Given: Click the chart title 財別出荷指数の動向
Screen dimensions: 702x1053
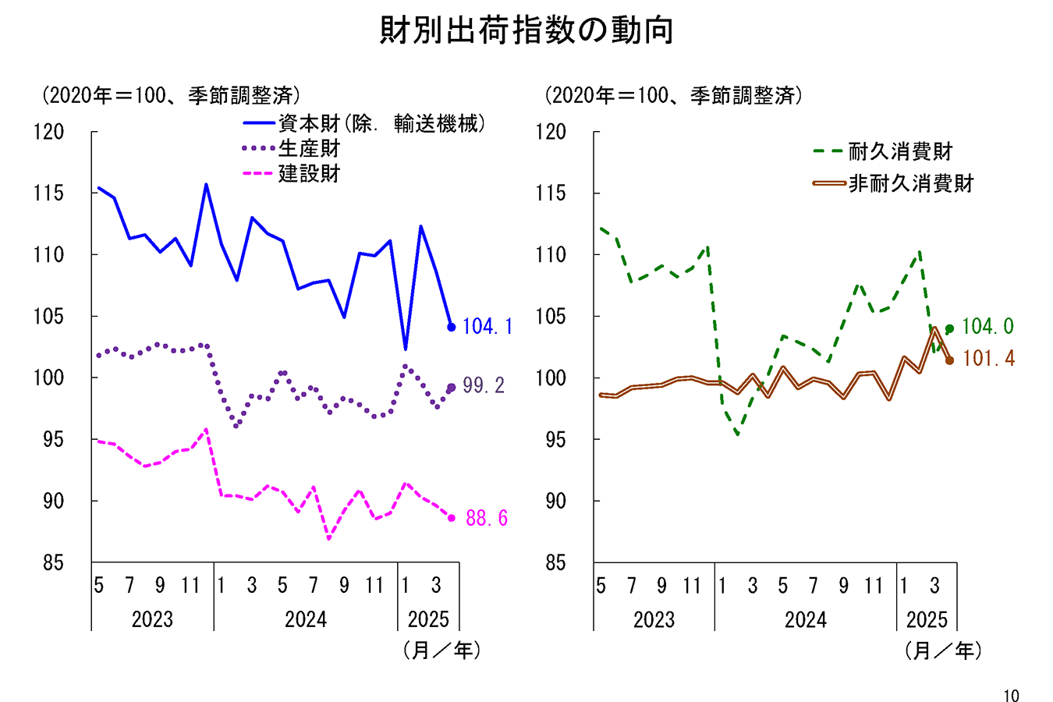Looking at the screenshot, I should [x=526, y=31].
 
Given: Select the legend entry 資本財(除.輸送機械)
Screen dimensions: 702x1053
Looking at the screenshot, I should [x=381, y=123].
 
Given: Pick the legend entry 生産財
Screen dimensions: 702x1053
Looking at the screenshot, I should [x=309, y=148].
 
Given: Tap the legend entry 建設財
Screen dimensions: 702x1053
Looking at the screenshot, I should [x=309, y=173].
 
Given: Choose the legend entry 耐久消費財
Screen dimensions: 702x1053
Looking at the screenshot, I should [x=900, y=151].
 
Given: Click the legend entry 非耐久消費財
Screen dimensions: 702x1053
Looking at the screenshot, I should [x=911, y=183].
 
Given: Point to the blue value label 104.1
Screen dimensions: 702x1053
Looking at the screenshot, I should [x=487, y=327].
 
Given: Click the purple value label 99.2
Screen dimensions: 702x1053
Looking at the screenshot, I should [x=484, y=385].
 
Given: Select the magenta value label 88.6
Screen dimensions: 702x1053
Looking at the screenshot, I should [x=487, y=518].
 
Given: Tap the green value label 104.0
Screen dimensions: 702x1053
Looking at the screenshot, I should [x=987, y=327].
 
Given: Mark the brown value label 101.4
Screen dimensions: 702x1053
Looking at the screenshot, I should [x=988, y=359].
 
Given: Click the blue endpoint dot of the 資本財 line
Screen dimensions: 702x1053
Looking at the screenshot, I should [x=451, y=327].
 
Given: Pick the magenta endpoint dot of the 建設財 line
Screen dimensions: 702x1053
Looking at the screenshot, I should [x=451, y=518].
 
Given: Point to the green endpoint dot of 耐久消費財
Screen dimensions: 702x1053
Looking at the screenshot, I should [x=949, y=328].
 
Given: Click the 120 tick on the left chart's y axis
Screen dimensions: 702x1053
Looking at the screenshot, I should [x=49, y=132].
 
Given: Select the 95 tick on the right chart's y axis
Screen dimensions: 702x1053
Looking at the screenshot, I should [x=555, y=439].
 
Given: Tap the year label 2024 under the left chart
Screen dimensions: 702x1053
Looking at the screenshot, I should [x=305, y=619].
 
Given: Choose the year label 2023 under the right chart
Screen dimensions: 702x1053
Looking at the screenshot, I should [x=654, y=619].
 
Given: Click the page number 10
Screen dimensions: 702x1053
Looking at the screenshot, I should [x=1011, y=696].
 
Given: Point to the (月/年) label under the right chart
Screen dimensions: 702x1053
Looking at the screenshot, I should [x=943, y=650].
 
